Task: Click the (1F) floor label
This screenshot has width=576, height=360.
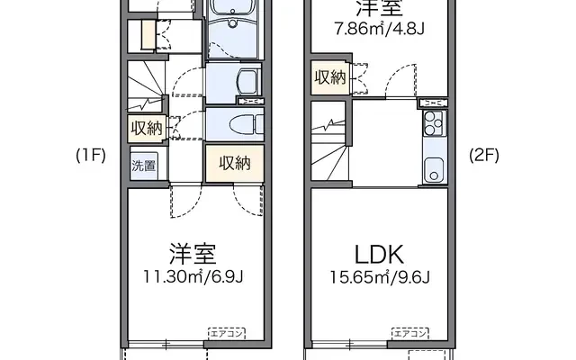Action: (x=90, y=154)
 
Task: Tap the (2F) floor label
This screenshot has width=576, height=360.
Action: (x=483, y=154)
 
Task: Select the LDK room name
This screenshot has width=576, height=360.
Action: (x=378, y=253)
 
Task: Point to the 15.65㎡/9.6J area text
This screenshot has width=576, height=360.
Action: (x=378, y=275)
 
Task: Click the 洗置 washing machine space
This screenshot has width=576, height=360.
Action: (x=143, y=165)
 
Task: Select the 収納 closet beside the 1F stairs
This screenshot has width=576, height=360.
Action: (x=144, y=128)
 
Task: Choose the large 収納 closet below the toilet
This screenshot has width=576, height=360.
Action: (x=234, y=163)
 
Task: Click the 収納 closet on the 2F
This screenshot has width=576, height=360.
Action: (x=329, y=77)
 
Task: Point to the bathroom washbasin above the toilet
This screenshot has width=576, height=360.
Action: (x=244, y=83)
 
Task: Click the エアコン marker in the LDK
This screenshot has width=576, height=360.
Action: (x=409, y=333)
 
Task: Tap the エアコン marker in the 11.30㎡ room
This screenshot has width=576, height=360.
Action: (x=226, y=333)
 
